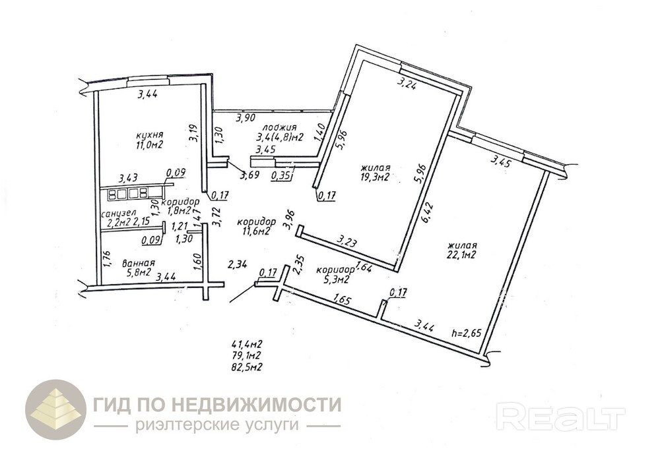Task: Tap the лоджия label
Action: [279, 127]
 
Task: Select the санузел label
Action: [118, 214]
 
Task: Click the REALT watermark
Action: [560, 417]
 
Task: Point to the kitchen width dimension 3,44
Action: [148, 95]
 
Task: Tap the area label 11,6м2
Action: [253, 231]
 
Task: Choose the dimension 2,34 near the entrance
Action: [238, 265]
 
